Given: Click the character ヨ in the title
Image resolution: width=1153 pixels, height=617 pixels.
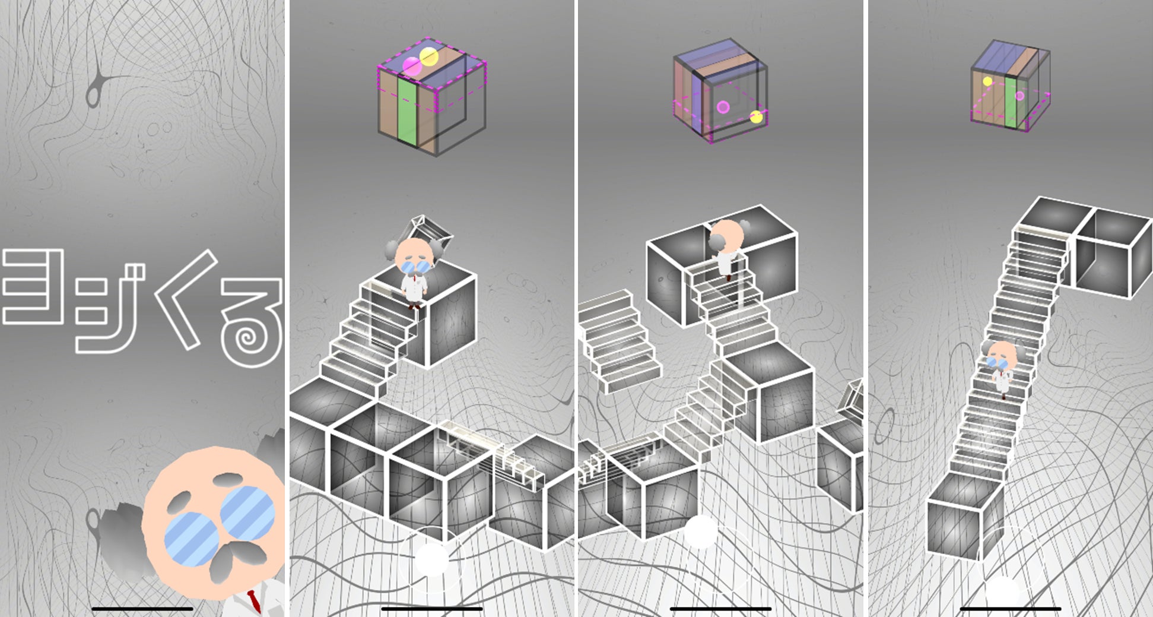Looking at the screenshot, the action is [33, 286].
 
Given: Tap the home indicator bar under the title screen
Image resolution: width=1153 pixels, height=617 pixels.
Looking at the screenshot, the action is [142, 609].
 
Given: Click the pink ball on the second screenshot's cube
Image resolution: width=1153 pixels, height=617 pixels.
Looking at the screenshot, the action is [412, 67].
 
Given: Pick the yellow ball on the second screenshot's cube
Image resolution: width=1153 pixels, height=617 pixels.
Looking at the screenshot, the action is [428, 57].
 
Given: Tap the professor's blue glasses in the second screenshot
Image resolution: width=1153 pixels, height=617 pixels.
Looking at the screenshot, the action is [414, 267].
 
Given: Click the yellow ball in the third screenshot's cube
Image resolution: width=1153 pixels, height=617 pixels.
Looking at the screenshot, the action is [755, 116].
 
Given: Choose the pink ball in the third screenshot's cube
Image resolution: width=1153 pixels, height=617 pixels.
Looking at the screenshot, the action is [723, 107].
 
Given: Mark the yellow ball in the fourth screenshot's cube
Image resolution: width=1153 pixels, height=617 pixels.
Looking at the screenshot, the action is [987, 81].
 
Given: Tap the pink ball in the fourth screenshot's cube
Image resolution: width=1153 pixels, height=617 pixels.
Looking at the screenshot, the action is [1019, 96].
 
